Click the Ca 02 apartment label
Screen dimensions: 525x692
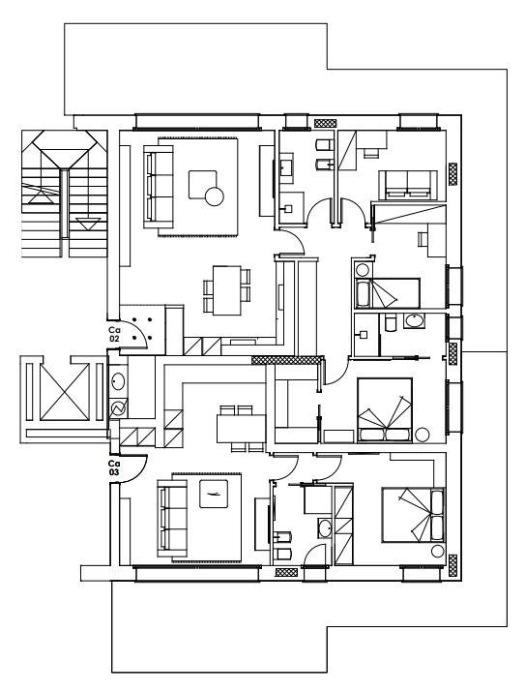115,334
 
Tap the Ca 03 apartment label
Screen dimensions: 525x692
114,467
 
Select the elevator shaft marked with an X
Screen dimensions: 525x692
65,392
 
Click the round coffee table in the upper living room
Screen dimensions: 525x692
215,196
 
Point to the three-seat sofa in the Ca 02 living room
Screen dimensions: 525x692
159,186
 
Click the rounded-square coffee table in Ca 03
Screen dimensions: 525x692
214,494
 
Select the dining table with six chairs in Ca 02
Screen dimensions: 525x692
226,290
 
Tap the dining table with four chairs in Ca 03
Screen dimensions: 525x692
241,428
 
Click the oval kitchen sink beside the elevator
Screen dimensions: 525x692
118,381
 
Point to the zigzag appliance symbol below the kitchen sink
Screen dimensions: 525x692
118,408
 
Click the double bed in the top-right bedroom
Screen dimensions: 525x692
408,185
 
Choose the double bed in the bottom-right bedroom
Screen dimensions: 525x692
413,515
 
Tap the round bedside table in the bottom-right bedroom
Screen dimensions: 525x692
438,552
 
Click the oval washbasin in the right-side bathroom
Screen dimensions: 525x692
414,321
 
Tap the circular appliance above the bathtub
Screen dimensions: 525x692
363,270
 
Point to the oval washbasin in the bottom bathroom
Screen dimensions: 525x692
325,528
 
